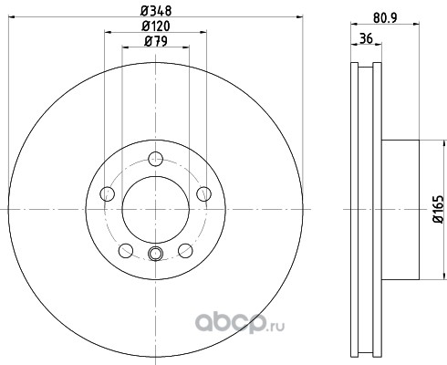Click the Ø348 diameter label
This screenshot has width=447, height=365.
(x=156, y=11)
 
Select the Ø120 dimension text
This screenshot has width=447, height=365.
(x=156, y=26)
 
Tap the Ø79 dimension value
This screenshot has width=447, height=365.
(x=156, y=41)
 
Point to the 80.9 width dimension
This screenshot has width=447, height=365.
(x=385, y=17)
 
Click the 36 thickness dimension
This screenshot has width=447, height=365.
(x=366, y=38)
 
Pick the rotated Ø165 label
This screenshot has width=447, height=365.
(x=438, y=210)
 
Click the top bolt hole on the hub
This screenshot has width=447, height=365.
(x=156, y=159)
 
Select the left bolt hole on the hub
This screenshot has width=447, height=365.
(x=108, y=193)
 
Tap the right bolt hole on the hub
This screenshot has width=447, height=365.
(x=203, y=193)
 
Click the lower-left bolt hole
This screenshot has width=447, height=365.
(x=126, y=250)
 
